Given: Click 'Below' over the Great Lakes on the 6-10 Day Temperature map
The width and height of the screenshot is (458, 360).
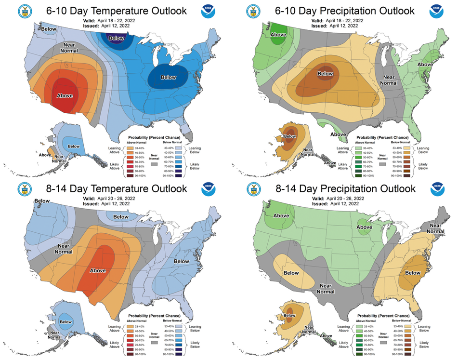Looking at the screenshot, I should pyautogui.click(x=168, y=77).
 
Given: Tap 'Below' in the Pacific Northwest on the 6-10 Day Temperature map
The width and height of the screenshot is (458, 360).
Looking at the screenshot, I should pyautogui.click(x=49, y=29).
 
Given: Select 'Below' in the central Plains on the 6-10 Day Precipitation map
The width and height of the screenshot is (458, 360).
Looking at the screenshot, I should pyautogui.click(x=325, y=74).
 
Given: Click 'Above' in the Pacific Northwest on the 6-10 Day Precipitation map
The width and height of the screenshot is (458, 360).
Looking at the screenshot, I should pyautogui.click(x=279, y=34).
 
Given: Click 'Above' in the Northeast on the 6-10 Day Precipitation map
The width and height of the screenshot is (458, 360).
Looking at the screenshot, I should pyautogui.click(x=425, y=65).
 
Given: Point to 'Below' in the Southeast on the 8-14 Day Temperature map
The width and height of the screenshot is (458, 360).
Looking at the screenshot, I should pyautogui.click(x=182, y=261).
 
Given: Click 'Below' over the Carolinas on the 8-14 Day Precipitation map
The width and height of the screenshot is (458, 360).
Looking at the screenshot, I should pyautogui.click(x=413, y=273).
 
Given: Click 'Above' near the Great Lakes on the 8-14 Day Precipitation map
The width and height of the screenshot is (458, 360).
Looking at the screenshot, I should pyautogui.click(x=364, y=227).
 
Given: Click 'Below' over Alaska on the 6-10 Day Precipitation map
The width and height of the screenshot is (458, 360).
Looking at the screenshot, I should pyautogui.click(x=290, y=136).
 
